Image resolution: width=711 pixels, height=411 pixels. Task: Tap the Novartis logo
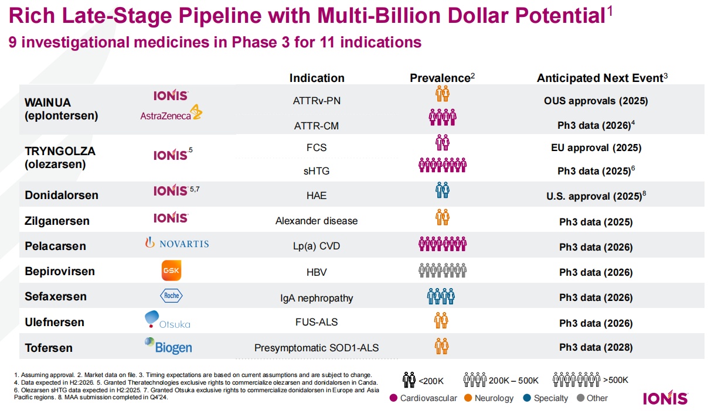pyautogui.click(x=177, y=244)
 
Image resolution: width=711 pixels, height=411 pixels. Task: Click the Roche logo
pyautogui.click(x=171, y=296)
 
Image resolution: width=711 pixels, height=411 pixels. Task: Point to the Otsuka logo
pyautogui.click(x=167, y=320)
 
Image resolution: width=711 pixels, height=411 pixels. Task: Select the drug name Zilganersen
pyautogui.click(x=57, y=221)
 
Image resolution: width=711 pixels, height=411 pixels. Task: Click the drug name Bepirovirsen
pyautogui.click(x=60, y=271)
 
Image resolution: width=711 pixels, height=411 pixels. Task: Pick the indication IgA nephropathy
pyautogui.click(x=317, y=298)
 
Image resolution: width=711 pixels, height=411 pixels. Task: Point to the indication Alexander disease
pyautogui.click(x=317, y=221)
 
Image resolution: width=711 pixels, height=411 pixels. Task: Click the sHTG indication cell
pyautogui.click(x=317, y=170)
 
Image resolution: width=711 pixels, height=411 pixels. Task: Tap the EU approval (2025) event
pyautogui.click(x=596, y=148)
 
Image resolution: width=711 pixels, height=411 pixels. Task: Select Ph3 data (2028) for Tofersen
pyautogui.click(x=596, y=347)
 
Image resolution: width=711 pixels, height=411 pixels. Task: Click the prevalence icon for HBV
pyautogui.click(x=443, y=272)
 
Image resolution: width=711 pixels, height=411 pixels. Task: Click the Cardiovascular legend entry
pyautogui.click(x=423, y=398)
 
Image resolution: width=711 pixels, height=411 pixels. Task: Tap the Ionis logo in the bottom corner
pyautogui.click(x=665, y=398)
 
